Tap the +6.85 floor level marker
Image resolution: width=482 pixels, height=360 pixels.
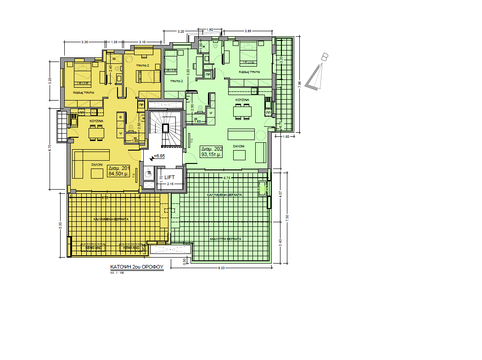click(159, 156)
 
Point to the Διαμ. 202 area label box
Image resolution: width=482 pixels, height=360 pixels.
click(212, 152)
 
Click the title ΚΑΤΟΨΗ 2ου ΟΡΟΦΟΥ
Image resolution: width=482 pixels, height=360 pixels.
click(137, 266)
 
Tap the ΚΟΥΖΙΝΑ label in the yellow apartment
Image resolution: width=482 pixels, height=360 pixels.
click(96, 121)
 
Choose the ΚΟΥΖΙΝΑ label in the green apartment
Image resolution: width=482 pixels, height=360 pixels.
click(242, 100)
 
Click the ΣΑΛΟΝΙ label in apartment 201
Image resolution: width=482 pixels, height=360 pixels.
click(96, 164)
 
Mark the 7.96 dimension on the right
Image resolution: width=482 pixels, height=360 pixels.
click(299, 84)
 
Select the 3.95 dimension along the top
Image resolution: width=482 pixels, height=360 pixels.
click(248, 31)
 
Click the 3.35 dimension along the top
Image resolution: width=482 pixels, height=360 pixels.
click(84, 42)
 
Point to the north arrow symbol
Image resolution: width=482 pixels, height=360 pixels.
click(319, 73)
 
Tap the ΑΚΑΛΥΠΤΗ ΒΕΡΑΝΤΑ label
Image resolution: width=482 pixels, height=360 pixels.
click(225, 239)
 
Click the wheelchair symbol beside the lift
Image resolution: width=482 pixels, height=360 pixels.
click(148, 174)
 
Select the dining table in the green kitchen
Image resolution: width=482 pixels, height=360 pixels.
click(242, 111)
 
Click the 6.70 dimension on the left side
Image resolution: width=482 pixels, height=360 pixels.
click(50, 148)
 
